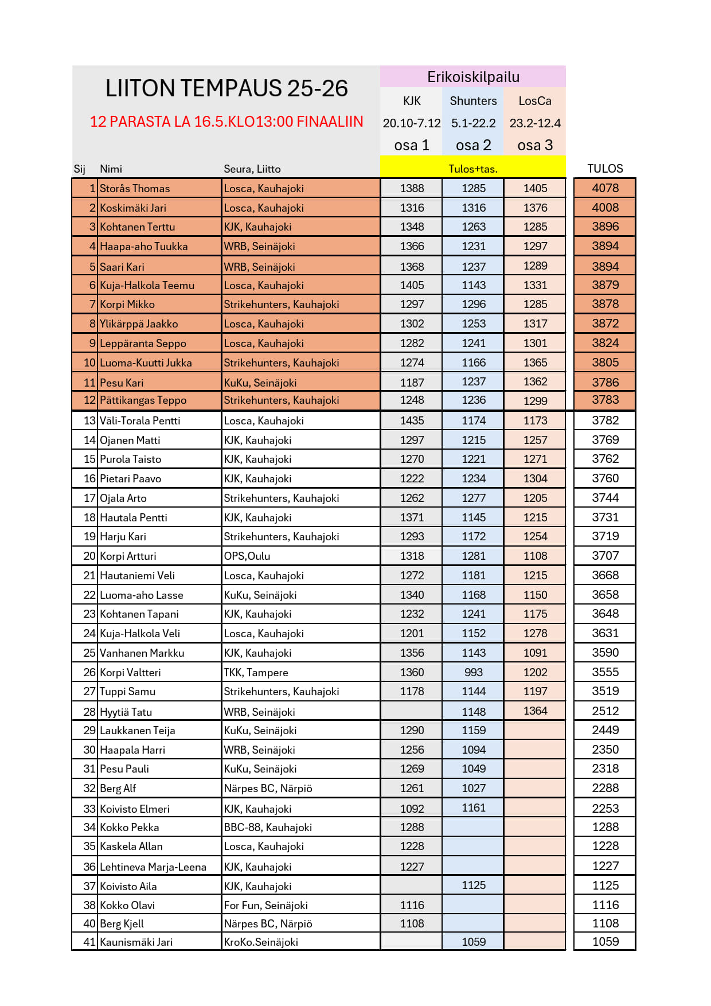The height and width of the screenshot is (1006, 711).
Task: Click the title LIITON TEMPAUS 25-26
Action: tap(226, 88)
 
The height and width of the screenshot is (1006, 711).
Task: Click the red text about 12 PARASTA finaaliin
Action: tap(226, 122)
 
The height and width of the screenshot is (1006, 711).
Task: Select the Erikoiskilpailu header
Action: tap(473, 77)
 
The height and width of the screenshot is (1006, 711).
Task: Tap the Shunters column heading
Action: tap(473, 101)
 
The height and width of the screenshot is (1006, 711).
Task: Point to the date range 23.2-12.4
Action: tap(535, 123)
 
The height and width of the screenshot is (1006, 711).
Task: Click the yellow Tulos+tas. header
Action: tap(473, 169)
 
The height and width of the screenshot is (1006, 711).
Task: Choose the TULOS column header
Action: tap(605, 169)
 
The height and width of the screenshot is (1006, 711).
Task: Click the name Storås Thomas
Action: tap(135, 189)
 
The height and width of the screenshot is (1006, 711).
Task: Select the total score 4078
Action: tap(605, 188)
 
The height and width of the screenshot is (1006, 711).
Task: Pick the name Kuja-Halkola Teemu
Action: tap(147, 286)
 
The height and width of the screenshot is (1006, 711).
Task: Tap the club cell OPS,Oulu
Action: tap(247, 556)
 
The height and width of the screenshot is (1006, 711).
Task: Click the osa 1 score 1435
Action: tap(412, 420)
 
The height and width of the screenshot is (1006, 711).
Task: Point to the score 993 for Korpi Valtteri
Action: tap(474, 672)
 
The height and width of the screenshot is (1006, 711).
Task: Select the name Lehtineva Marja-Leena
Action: tap(153, 867)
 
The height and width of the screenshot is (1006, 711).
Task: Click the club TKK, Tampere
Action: tap(256, 672)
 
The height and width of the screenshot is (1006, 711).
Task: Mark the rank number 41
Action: tap(89, 942)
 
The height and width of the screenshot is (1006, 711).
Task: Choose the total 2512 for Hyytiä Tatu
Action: tap(605, 711)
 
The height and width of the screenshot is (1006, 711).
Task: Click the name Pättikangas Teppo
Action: tap(143, 400)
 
